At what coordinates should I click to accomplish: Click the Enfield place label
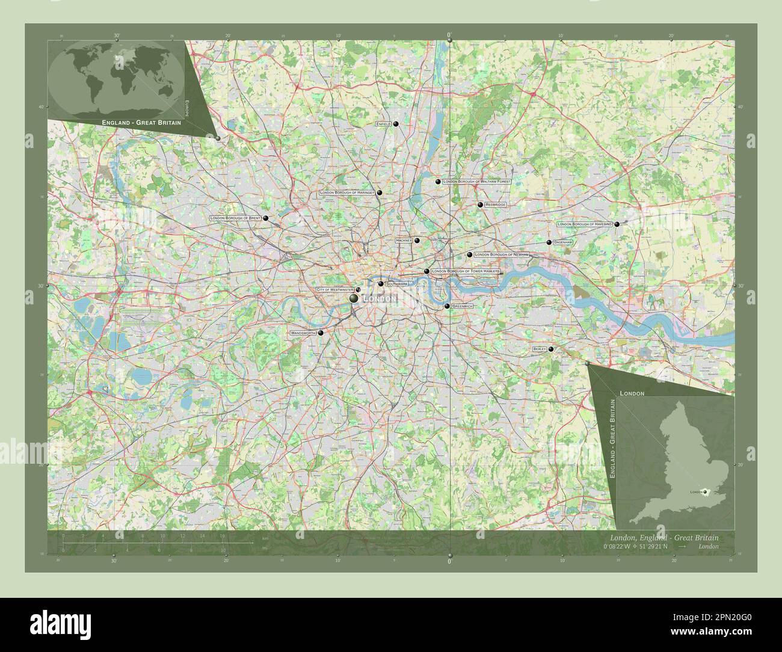tap(383, 124)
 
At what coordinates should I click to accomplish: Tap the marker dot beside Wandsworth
tap(321, 333)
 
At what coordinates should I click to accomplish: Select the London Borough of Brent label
tap(236, 218)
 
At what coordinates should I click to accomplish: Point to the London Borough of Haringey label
tap(347, 192)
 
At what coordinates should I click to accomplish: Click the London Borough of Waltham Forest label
tap(476, 181)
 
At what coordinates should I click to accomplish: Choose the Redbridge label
tap(496, 205)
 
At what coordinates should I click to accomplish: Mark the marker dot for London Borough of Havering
tap(617, 224)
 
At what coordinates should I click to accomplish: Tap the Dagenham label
tap(563, 242)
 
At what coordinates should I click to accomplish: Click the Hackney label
tap(404, 240)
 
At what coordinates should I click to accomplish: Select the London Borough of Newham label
tap(502, 254)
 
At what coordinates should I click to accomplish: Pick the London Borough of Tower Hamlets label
tap(466, 271)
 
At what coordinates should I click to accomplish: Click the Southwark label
tap(396, 283)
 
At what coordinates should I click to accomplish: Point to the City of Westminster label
tap(334, 290)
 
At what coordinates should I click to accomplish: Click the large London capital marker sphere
tap(354, 298)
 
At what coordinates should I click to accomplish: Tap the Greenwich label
tap(463, 306)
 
